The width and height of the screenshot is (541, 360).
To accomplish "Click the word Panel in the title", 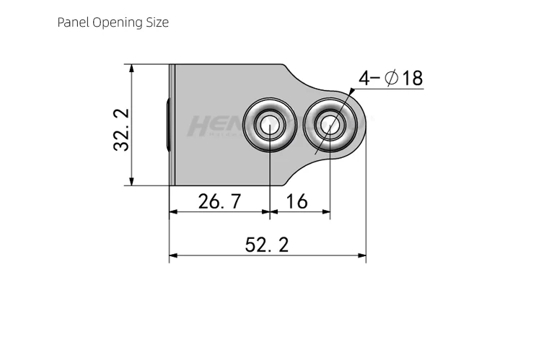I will pos(73,22).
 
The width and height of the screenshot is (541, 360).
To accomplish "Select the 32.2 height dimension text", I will pos(121,129).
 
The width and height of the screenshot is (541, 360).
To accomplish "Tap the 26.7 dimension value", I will pos(220,201).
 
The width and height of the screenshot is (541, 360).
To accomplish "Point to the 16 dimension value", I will pos(296,201).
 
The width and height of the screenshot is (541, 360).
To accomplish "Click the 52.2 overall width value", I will pos(266,245).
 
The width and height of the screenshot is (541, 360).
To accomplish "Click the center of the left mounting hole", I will pos(269,125).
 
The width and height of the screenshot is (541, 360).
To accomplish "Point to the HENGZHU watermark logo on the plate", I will pos(216,126).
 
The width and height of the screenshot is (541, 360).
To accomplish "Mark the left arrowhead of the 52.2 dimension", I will pos(173,255).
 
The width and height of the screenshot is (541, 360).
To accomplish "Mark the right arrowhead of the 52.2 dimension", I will pos(362,255).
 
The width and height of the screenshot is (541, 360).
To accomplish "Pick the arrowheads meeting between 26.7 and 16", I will pos(269,212).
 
